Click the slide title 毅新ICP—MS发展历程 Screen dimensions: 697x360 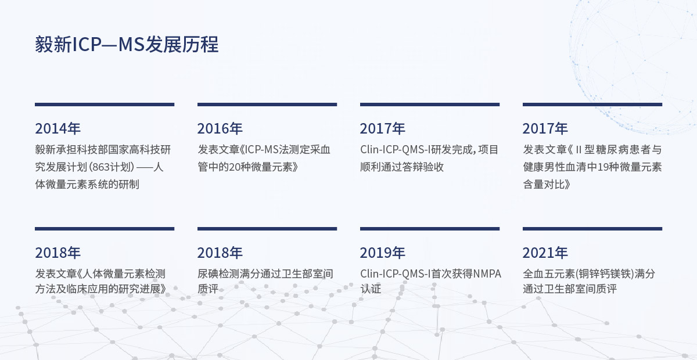[x=127, y=44]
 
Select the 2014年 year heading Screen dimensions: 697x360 [x=58, y=128]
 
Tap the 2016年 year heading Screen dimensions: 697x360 [x=220, y=128]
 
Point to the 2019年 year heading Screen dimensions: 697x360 [x=382, y=253]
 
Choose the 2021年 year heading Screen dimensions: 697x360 [x=545, y=253]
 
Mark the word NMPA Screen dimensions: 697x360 [x=487, y=274]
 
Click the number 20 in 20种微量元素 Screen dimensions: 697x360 [x=235, y=167]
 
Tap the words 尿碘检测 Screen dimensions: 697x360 [x=218, y=274]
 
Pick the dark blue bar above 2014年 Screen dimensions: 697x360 [x=105, y=105]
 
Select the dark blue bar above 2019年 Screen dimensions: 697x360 [x=430, y=229]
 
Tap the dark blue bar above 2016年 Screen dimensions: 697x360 [x=267, y=105]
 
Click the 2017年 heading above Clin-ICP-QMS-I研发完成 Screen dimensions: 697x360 [x=382, y=128]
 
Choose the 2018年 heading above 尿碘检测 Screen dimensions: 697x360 [x=220, y=253]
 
